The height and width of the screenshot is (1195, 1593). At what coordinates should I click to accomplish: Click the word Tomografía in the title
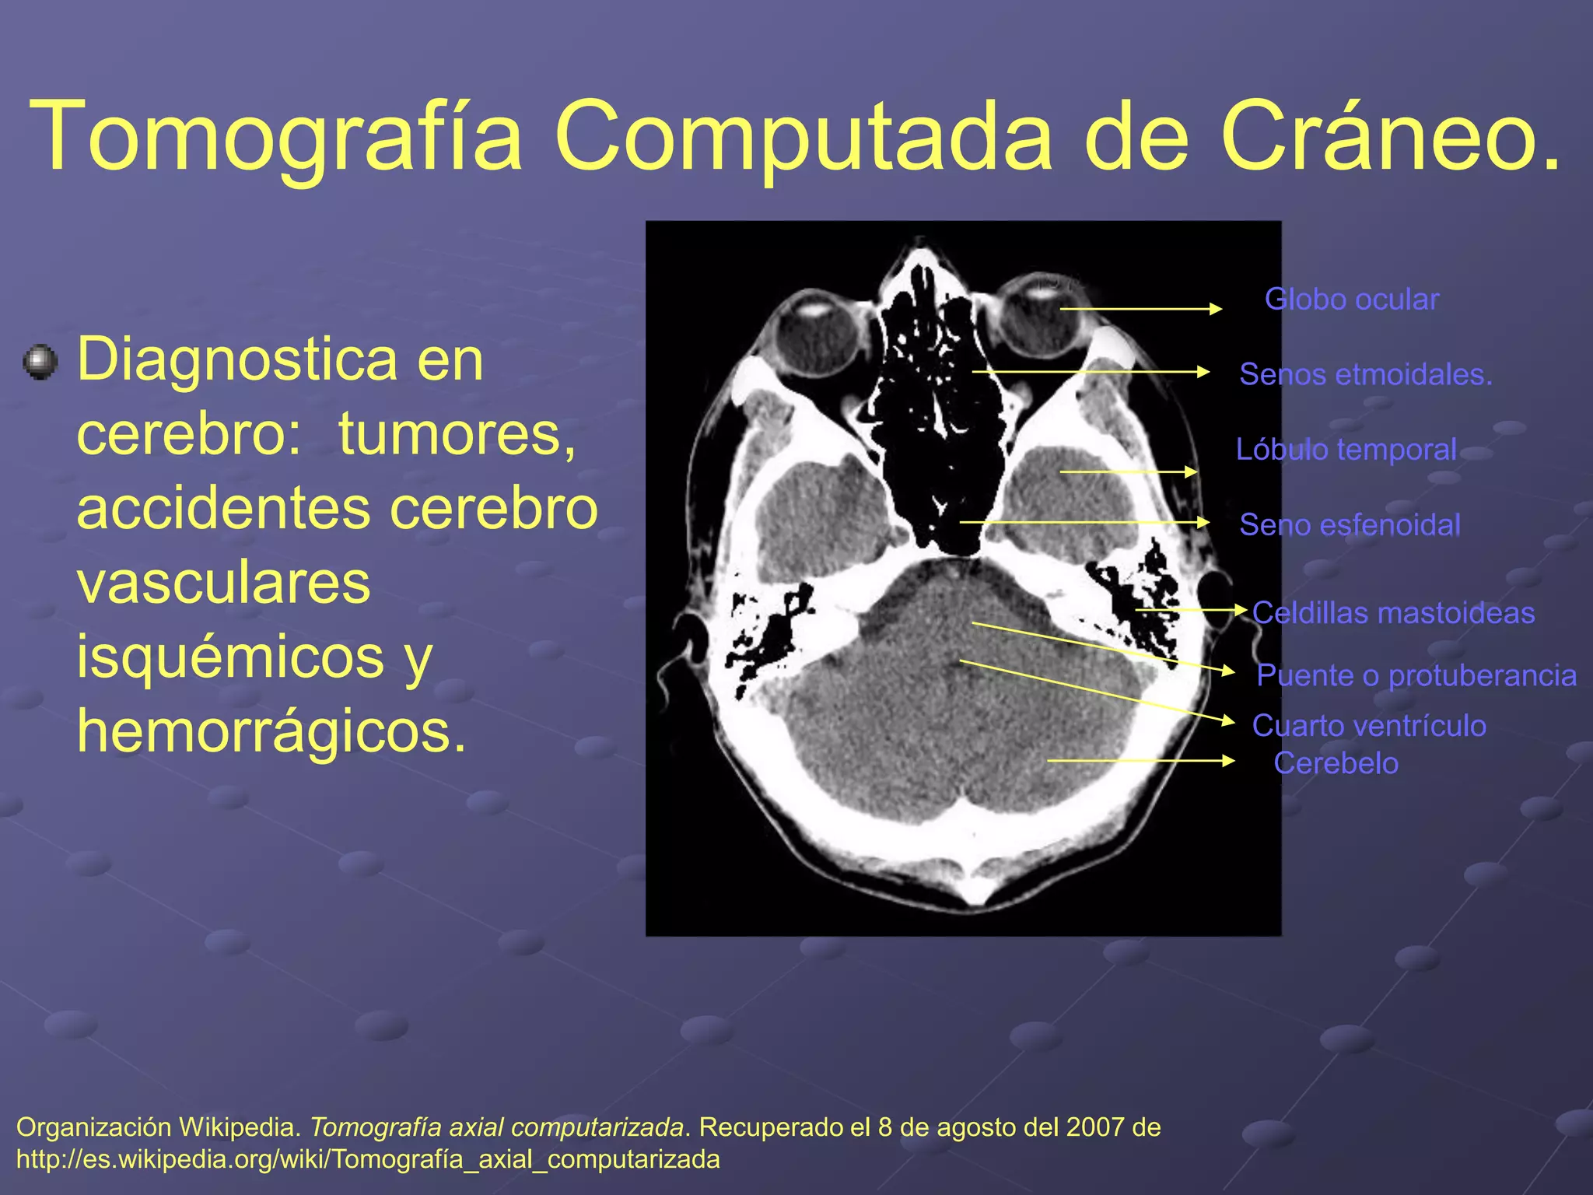pos(276,136)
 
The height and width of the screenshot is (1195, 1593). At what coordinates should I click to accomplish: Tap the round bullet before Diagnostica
pos(40,363)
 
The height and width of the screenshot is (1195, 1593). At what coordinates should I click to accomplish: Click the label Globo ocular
pos(1352,300)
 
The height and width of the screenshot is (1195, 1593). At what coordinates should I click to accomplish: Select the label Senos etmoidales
pos(1365,374)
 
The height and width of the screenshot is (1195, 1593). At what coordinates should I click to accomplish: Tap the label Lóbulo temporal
pos(1346,450)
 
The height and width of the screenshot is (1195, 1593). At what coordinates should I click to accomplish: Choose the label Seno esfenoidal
pos(1350,525)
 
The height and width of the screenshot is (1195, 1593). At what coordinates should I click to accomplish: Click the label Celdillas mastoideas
pos(1393,613)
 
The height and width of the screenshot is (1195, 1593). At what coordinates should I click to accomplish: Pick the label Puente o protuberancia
pos(1416,675)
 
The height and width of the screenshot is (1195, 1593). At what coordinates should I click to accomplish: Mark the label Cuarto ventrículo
pos(1369,726)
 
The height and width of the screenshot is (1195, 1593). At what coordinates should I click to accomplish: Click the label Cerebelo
pos(1336,763)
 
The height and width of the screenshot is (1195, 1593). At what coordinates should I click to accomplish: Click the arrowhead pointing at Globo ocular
pos(1216,309)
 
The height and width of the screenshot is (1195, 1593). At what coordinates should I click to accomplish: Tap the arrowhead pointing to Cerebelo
pos(1229,760)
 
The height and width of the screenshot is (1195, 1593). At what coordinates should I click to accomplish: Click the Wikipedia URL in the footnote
pos(368,1159)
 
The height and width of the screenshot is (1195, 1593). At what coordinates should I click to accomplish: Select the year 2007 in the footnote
pos(1095,1127)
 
